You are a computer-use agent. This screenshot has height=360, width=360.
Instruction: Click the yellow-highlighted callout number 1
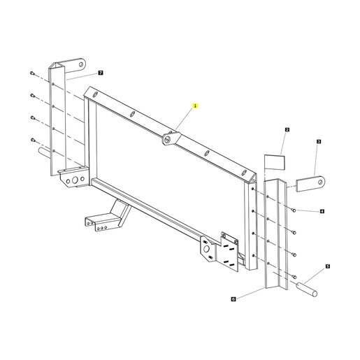pos(195,106)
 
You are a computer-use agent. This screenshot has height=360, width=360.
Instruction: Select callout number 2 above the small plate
pos(287,129)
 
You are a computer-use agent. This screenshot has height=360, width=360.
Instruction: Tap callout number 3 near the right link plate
pos(319,141)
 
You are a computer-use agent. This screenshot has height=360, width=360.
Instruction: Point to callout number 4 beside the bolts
pos(322,211)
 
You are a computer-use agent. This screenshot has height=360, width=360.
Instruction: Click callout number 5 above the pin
pos(328,266)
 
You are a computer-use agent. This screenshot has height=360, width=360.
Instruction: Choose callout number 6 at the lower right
pos(233,299)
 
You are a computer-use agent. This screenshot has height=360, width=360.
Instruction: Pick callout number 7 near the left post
pos(101,73)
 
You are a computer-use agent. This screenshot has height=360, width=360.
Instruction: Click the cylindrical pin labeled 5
pos(307,289)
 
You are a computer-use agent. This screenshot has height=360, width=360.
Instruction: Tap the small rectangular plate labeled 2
pos(275,162)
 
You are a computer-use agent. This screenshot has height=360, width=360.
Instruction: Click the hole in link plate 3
pos(321,181)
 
